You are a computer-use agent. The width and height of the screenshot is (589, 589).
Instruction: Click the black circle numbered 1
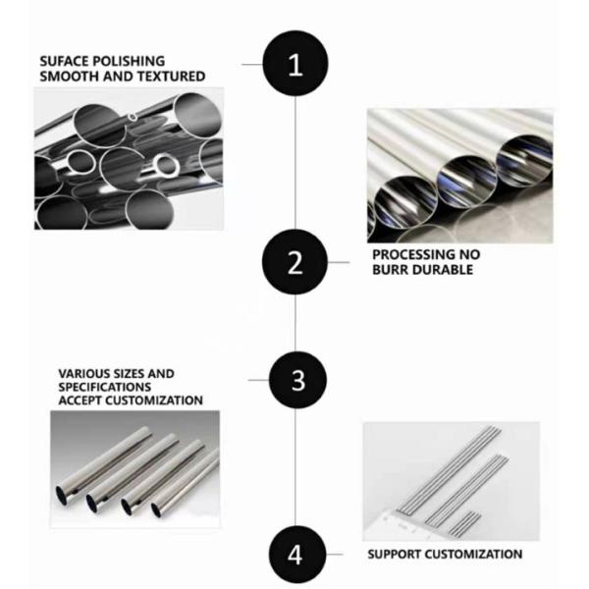click(x=296, y=64)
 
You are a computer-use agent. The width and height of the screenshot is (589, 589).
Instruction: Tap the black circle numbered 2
click(x=296, y=262)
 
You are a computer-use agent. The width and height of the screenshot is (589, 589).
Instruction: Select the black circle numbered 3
click(x=296, y=379)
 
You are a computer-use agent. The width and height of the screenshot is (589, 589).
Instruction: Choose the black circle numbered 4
click(x=296, y=554)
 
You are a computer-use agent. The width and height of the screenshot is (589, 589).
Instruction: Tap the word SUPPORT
click(x=397, y=555)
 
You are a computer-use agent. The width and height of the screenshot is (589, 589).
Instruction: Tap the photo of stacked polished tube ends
click(x=129, y=156)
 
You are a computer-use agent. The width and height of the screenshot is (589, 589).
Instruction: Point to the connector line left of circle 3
click(x=256, y=379)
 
